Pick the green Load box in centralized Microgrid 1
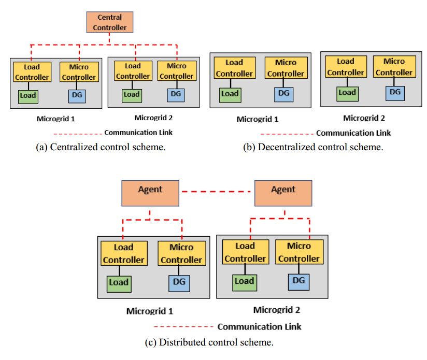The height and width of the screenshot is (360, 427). [x=27, y=95]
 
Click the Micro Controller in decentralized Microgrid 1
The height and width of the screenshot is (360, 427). [x=286, y=68]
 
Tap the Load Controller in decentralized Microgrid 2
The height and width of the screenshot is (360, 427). [x=346, y=67]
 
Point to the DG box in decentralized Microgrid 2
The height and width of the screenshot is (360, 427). [x=395, y=92]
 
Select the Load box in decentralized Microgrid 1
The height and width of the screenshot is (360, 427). [x=230, y=94]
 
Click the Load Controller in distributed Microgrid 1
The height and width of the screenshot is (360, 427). [x=123, y=253]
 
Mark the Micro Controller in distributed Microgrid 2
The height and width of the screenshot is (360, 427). [x=299, y=252]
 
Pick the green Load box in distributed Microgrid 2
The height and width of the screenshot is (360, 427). [x=245, y=281]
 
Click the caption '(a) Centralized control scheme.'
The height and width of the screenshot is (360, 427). [x=101, y=147]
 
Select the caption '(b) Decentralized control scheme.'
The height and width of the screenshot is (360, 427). [x=313, y=147]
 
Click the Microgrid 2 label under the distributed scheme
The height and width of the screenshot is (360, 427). [x=277, y=310]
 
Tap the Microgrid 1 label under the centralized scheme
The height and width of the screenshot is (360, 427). [x=56, y=119]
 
